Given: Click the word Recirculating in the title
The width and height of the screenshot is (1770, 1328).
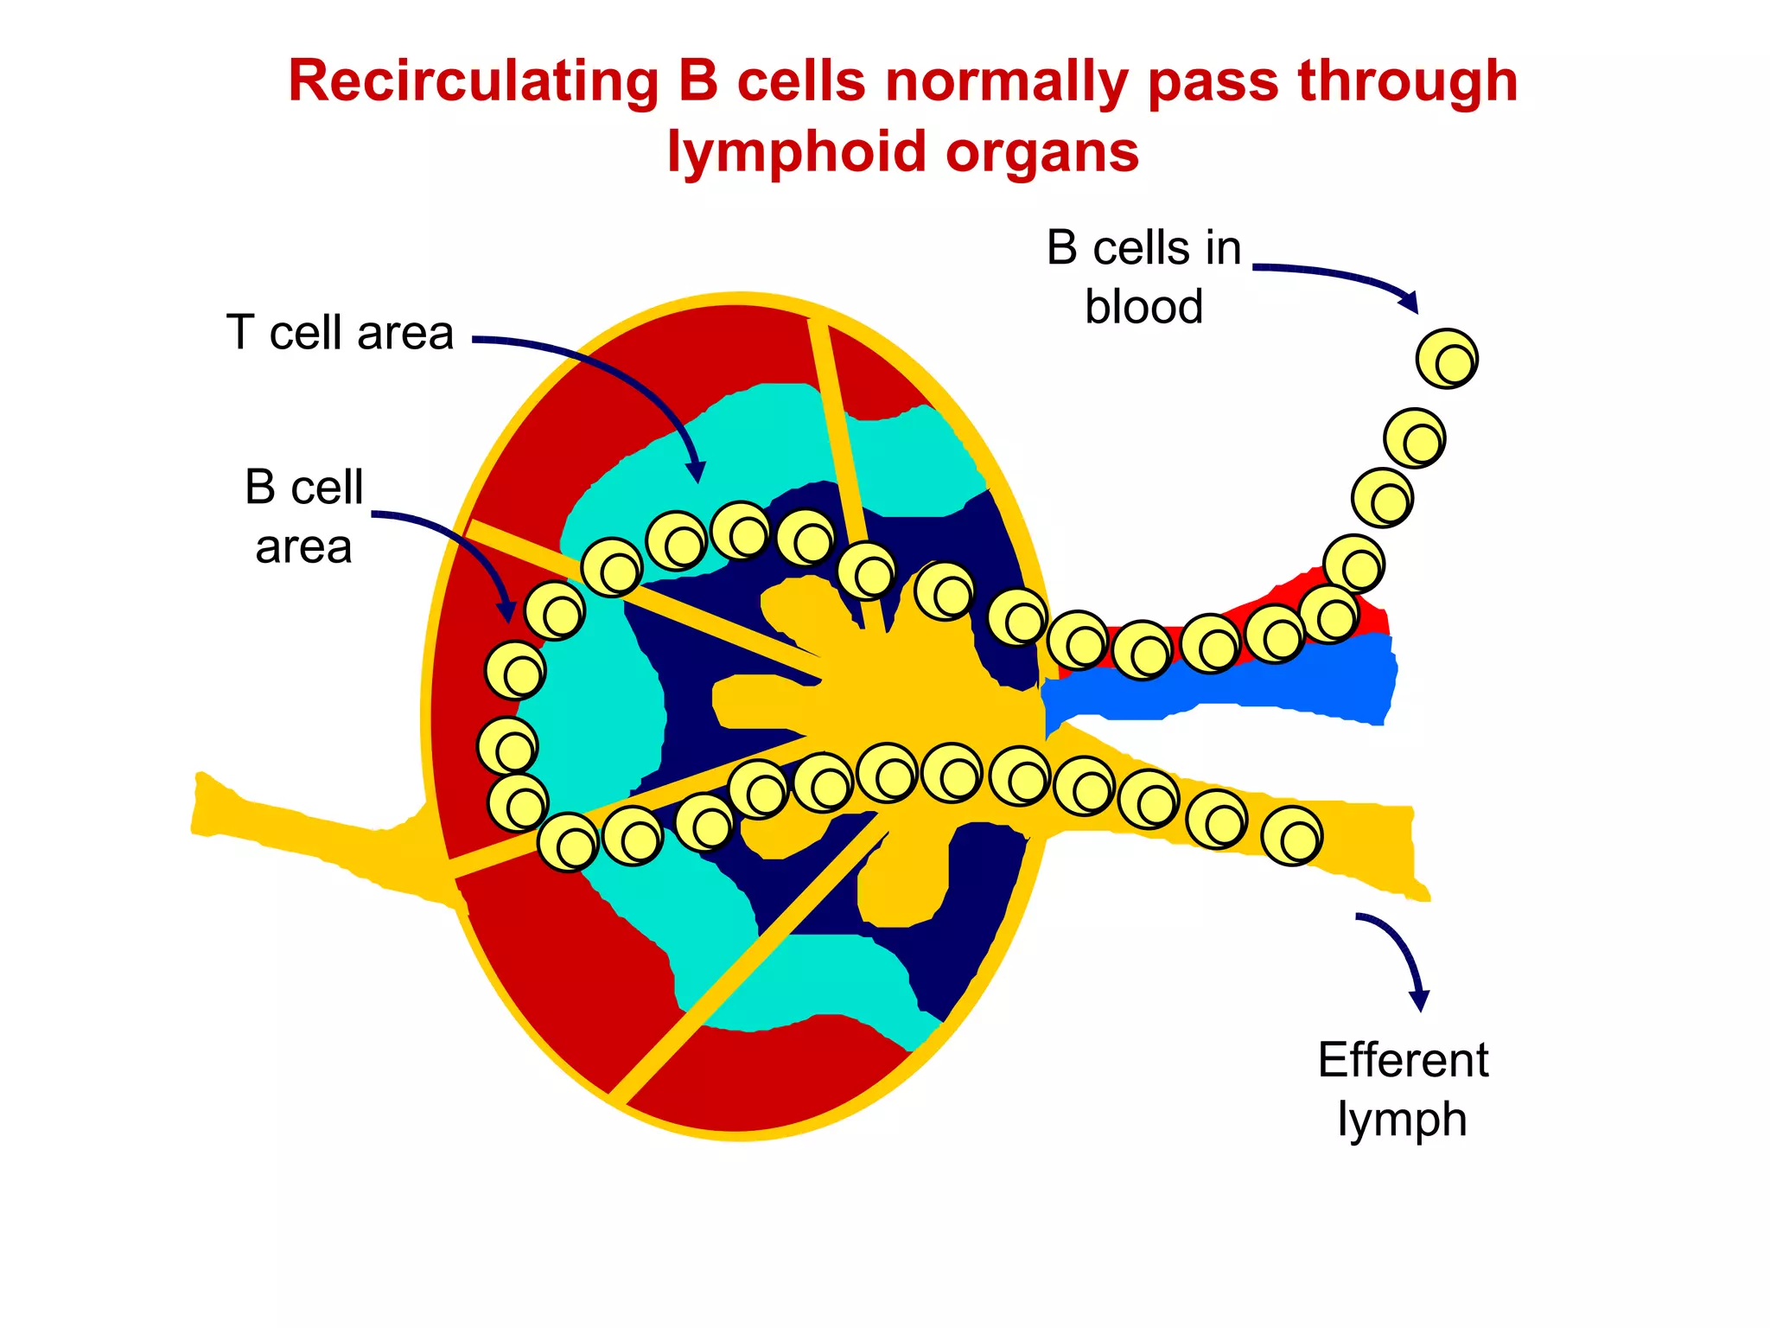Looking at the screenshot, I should coord(473,82).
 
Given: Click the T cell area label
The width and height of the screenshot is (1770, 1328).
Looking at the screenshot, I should coord(340,333).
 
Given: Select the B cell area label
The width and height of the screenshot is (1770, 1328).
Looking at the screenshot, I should coord(303,516).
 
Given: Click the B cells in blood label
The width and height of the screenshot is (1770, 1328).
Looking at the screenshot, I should coord(1143,277).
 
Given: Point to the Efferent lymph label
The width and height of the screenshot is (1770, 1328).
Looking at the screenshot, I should coord(1402,1089).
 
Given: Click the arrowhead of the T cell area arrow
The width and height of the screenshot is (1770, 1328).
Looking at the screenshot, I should coord(696,473).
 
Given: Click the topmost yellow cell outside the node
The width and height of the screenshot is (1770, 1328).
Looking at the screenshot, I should coord(1447,359).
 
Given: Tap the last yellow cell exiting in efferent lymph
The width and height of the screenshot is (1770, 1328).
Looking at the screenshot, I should coord(1291,835).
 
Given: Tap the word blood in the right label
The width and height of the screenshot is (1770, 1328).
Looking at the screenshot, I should coord(1143,307).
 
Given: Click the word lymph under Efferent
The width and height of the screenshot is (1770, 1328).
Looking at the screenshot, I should coord(1402,1120).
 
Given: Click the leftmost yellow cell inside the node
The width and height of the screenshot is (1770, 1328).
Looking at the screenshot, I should coord(507,745).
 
